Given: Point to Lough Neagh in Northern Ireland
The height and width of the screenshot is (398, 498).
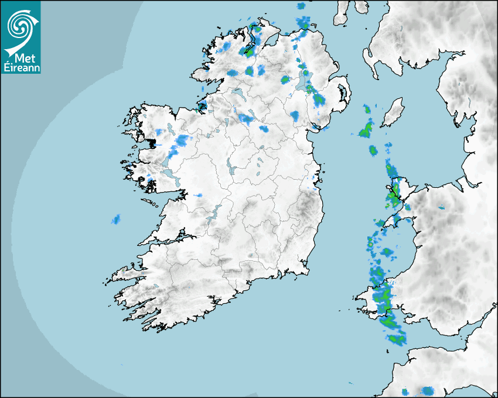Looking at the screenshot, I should (303, 83).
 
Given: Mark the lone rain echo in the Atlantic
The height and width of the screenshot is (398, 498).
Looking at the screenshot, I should (116, 219).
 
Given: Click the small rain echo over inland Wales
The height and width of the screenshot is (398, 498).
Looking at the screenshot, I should (441, 207).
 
